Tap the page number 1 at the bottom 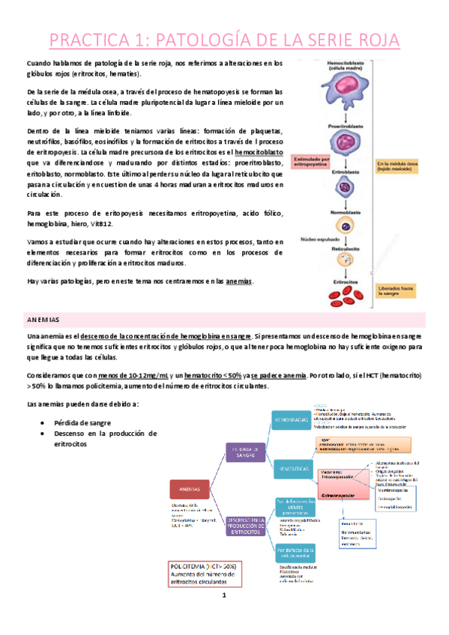tap(223, 616)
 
